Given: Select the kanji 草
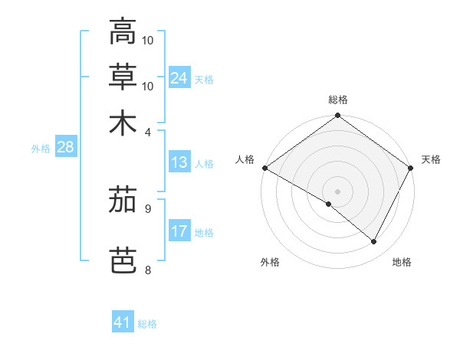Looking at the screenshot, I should coord(123,77).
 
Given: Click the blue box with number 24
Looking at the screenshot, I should coord(179,78).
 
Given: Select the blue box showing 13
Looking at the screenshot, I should coord(179,162).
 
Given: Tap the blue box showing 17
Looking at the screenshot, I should coord(179,231).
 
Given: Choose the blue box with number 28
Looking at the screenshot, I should coord(65,148).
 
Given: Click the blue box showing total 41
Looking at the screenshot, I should coord(123,322).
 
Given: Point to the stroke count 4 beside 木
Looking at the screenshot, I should coord(149,132).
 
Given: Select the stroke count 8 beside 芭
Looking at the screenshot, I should coord(149,270).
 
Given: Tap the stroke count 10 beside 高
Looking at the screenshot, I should coord(149,40).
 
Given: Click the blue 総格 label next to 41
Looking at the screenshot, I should coord(147,324).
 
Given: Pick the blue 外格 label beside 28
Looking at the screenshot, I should coord(41,149).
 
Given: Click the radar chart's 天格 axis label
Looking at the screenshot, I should coord(431,159).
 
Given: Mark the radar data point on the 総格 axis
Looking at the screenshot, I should coord(337,116).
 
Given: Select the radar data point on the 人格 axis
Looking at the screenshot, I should coord(264,168).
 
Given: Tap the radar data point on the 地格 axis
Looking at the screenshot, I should coord(374,241).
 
